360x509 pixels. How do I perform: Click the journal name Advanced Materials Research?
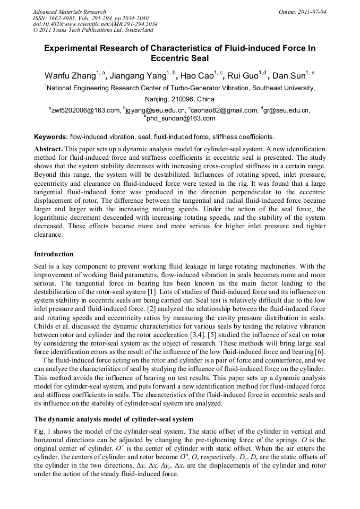coord(70,12)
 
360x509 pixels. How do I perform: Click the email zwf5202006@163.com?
coord(85,110)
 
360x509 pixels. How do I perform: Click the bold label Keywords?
coord(51,136)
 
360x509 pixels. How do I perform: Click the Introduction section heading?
coord(54,254)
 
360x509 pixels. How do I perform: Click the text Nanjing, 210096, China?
coord(179,99)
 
